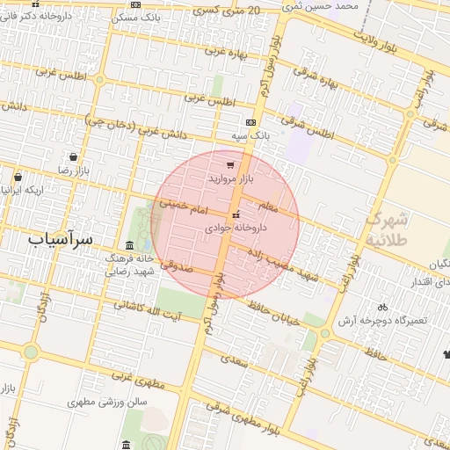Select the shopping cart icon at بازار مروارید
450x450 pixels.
(x=230, y=164)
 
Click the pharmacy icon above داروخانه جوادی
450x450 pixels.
(x=235, y=214)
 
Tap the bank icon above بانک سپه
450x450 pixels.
(x=251, y=122)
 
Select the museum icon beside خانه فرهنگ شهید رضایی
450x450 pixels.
(x=129, y=245)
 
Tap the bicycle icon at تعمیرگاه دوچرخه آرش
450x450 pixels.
(x=381, y=307)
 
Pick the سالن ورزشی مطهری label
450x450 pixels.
(x=108, y=402)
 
